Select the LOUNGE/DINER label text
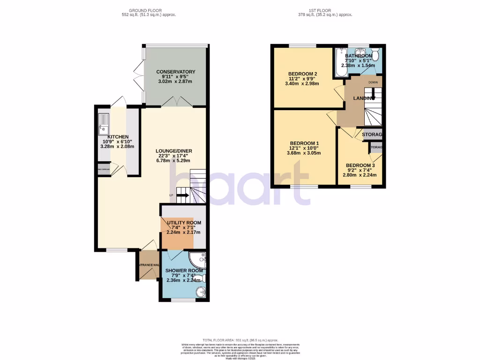(x=174, y=151)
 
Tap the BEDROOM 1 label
(x=304, y=143)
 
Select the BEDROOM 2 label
(x=302, y=74)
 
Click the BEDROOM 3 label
(x=360, y=165)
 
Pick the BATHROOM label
(x=359, y=56)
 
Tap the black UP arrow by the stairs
(x=183, y=195)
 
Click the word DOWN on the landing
(x=373, y=82)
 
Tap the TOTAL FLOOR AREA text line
(x=240, y=340)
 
